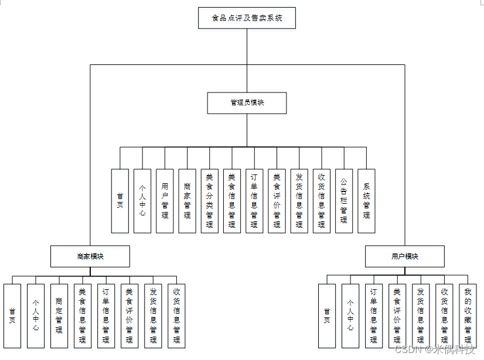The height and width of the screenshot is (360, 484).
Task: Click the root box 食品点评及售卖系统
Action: (247, 18)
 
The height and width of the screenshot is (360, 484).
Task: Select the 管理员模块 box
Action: (247, 102)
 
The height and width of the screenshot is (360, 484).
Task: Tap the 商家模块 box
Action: (90, 256)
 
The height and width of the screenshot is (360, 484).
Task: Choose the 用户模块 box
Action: (404, 256)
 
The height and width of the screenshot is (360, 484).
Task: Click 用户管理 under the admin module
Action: (165, 201)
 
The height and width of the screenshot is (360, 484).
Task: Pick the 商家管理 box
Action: (187, 201)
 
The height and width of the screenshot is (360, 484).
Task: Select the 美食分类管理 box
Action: (209, 201)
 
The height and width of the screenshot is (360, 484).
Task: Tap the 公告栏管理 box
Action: (344, 201)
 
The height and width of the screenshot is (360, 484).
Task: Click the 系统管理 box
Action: (366, 201)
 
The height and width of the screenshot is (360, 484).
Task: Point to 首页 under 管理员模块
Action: (120, 201)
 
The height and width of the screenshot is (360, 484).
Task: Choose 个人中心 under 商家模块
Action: (36, 316)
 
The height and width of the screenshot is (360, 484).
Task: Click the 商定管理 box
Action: (59, 316)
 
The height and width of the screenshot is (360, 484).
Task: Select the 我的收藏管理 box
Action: (468, 316)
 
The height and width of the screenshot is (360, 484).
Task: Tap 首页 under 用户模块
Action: (326, 316)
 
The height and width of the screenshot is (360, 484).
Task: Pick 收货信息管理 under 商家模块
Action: (176, 316)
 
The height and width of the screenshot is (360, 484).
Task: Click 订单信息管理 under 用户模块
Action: (373, 316)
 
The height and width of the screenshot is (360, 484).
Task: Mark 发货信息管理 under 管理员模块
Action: (299, 201)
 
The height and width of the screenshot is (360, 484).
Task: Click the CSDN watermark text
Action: (434, 349)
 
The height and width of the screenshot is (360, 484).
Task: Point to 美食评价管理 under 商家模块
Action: (129, 316)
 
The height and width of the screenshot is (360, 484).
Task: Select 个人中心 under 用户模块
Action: (350, 316)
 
